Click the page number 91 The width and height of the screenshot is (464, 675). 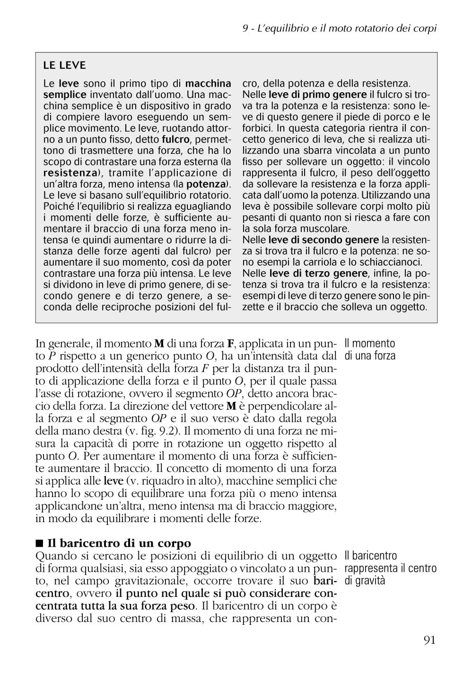click(429, 640)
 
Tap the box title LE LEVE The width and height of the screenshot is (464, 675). click(64, 65)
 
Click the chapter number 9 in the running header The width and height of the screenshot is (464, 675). click(245, 28)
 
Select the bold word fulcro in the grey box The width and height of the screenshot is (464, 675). click(175, 140)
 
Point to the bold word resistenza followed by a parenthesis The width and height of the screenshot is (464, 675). click(70, 173)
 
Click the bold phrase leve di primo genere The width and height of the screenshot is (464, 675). click(317, 95)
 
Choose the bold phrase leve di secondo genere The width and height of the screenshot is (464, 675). click(324, 240)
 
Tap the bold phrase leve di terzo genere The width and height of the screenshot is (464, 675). click(318, 273)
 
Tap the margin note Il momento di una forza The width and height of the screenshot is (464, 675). click(370, 349)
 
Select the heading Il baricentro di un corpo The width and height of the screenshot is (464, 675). click(119, 543)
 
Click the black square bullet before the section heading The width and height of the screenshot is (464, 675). click(39, 543)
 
